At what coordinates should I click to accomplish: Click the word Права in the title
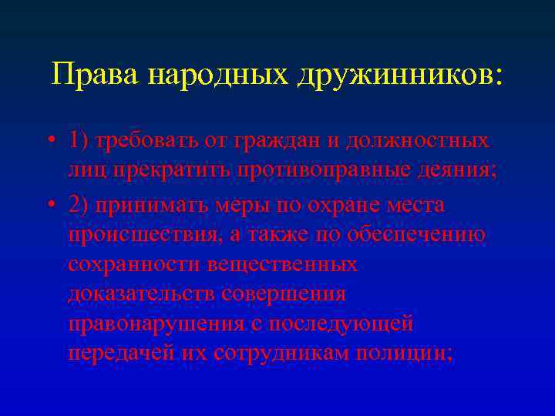[x=94, y=75]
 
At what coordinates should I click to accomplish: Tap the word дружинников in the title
[x=394, y=75]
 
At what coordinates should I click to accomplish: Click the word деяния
[x=462, y=170]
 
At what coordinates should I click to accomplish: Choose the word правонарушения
[x=158, y=324]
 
